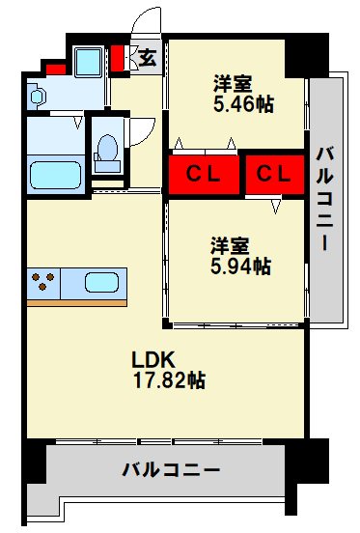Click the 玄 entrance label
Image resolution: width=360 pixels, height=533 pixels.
pyautogui.click(x=148, y=57)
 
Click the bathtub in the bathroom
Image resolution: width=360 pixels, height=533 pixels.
pyautogui.click(x=55, y=174)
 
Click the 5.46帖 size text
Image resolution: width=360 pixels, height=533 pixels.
pyautogui.click(x=242, y=102)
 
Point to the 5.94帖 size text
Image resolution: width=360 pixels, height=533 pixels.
pyautogui.click(x=239, y=265)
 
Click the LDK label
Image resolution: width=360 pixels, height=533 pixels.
pyautogui.click(x=152, y=359)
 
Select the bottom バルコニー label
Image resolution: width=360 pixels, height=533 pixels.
pyautogui.click(x=171, y=470)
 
